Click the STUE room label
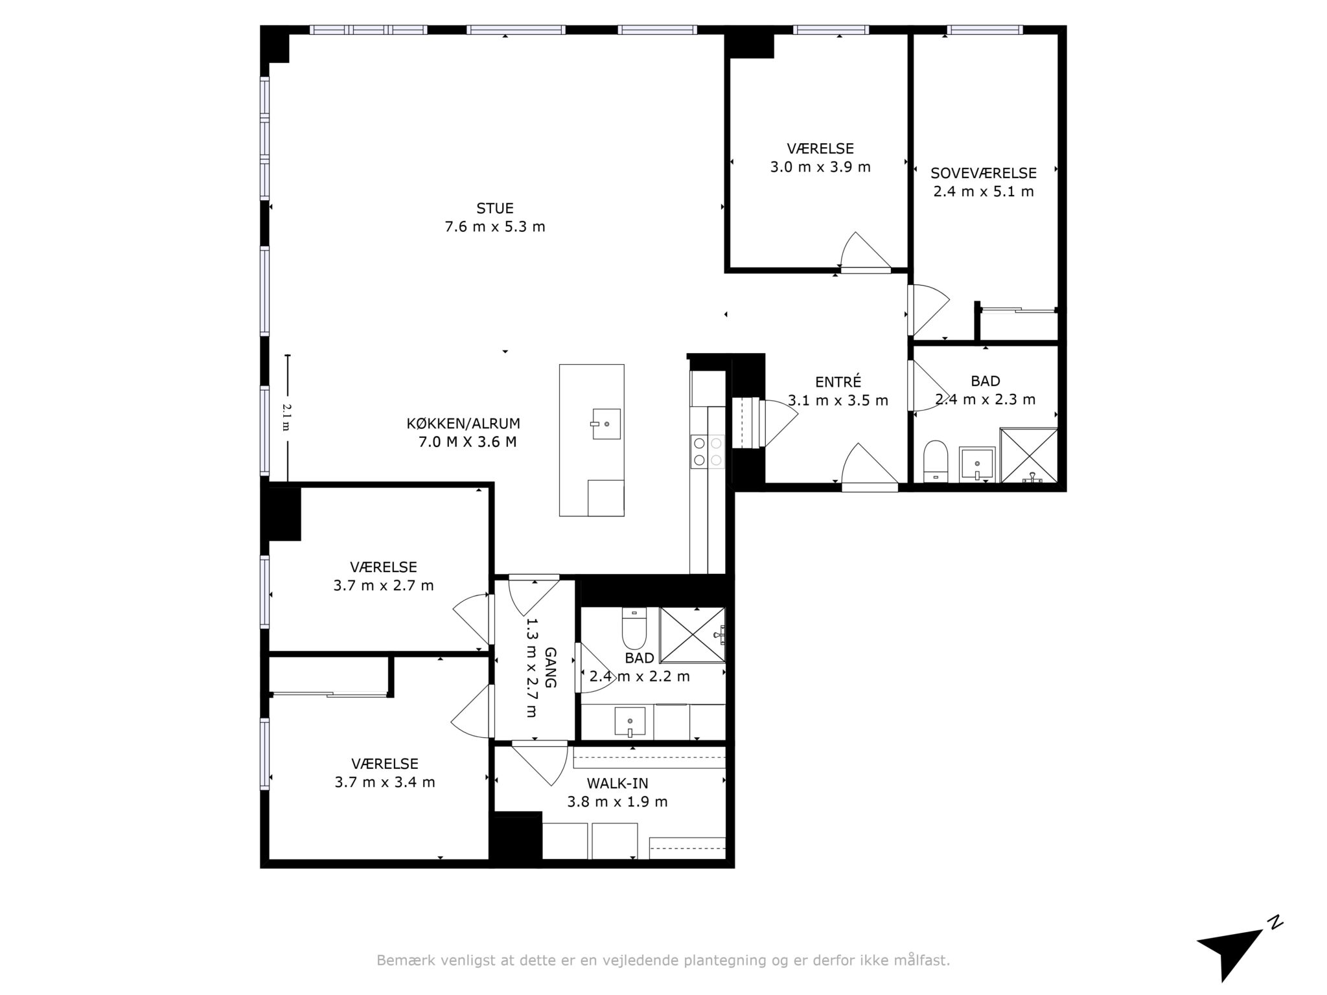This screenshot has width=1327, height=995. click(x=495, y=209)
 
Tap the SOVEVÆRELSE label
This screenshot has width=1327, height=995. click(x=984, y=174)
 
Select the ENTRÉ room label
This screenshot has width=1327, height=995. click(x=838, y=382)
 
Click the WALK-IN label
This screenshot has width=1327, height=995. click(x=617, y=783)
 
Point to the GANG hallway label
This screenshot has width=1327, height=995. click(x=550, y=667)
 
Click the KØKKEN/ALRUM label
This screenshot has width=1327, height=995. click(x=463, y=424)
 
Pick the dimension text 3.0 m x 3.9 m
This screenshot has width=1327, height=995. click(x=820, y=167)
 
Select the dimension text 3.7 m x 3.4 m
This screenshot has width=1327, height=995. click(x=384, y=783)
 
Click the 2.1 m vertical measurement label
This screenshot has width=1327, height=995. click(x=286, y=417)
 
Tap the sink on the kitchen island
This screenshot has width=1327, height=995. click(x=606, y=424)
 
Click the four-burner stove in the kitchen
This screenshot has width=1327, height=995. click(x=708, y=452)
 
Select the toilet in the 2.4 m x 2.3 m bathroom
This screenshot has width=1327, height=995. click(x=935, y=461)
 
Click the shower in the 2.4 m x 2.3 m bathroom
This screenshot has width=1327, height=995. click(x=1028, y=455)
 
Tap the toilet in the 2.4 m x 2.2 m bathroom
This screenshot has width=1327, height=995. click(x=634, y=628)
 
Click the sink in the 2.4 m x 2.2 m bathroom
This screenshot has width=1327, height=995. click(x=629, y=722)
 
